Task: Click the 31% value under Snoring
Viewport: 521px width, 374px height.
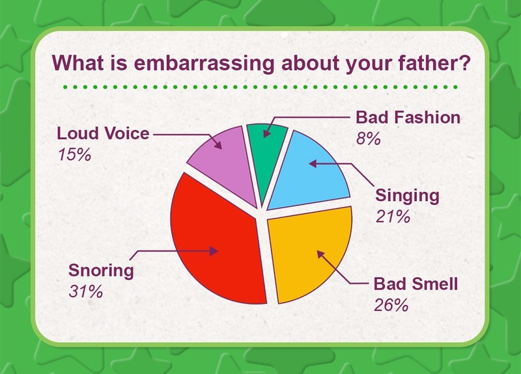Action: tap(86, 291)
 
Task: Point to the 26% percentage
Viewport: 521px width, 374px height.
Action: tap(391, 305)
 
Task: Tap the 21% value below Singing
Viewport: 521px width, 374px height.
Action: tap(393, 217)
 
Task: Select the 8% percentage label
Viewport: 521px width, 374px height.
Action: tap(368, 139)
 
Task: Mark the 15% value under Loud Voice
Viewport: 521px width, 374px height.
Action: tap(74, 155)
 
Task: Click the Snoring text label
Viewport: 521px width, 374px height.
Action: tap(101, 271)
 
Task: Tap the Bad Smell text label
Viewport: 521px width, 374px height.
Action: tap(416, 284)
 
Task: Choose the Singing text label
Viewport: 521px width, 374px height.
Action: tap(408, 196)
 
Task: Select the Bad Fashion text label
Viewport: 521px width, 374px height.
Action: tap(408, 118)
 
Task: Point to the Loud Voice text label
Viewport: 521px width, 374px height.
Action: tap(104, 133)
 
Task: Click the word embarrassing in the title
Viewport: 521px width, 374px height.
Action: tap(204, 63)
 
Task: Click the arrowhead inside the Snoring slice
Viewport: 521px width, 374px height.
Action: tap(214, 251)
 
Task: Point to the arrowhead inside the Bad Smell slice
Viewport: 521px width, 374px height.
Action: tap(320, 254)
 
